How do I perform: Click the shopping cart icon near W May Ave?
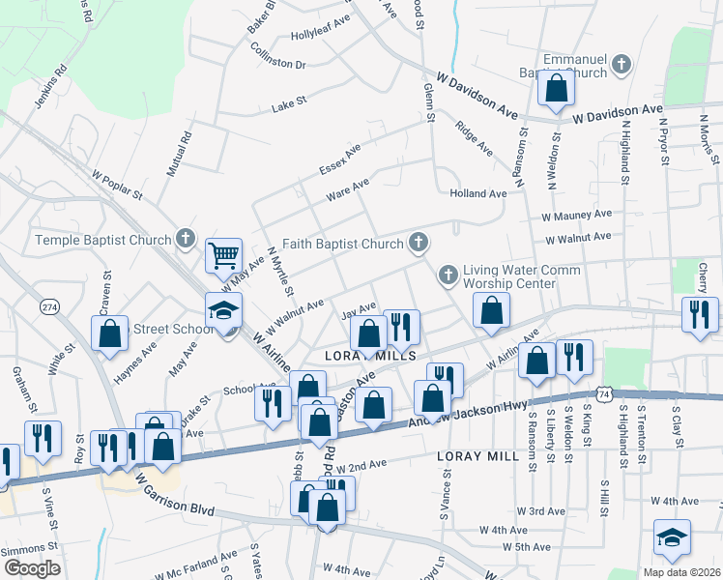[223, 256]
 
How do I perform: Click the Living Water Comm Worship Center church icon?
[448, 275]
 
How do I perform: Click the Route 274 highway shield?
[50, 306]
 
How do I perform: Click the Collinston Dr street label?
[274, 65]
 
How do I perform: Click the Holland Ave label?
[478, 193]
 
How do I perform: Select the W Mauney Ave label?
[577, 215]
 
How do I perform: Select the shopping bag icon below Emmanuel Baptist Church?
[558, 89]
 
